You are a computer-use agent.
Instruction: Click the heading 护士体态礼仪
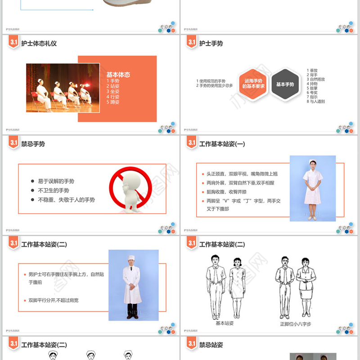point(39,44)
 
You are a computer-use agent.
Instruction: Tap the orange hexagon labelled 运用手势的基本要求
point(254,84)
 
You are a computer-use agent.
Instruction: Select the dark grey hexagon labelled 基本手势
point(285,84)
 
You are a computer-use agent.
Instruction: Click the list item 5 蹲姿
point(113,102)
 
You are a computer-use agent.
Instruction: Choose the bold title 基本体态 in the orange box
point(118,75)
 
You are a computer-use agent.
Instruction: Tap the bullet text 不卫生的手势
point(53,190)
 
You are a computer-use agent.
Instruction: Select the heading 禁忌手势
point(33,144)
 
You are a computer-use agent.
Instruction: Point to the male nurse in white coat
point(132,286)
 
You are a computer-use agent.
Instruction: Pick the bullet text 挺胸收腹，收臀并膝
point(228,192)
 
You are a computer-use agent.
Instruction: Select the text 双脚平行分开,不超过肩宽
point(53,300)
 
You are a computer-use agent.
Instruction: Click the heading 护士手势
point(211,44)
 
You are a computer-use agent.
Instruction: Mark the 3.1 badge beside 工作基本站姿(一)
point(191,144)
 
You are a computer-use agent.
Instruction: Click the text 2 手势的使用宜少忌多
point(214,85)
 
